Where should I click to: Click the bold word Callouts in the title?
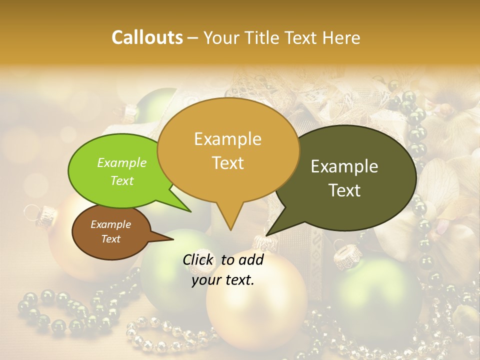tap(147, 37)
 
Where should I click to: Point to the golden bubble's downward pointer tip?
tap(230, 228)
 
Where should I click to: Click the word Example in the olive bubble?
tap(344, 166)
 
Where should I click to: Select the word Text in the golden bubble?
tap(228, 163)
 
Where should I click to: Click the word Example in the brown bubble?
tap(110, 224)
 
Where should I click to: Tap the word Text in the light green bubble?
tap(122, 181)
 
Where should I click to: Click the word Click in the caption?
tap(199, 259)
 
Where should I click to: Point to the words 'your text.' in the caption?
tap(223, 280)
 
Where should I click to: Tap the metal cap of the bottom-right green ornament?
tap(347, 258)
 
